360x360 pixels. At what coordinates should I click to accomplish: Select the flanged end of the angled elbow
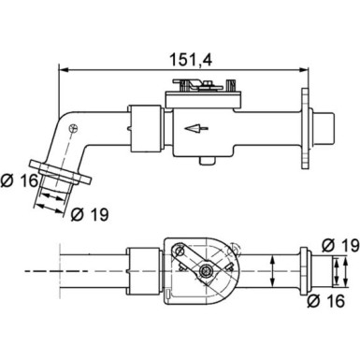(65, 175)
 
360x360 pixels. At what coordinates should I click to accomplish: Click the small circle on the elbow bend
(83, 127)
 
